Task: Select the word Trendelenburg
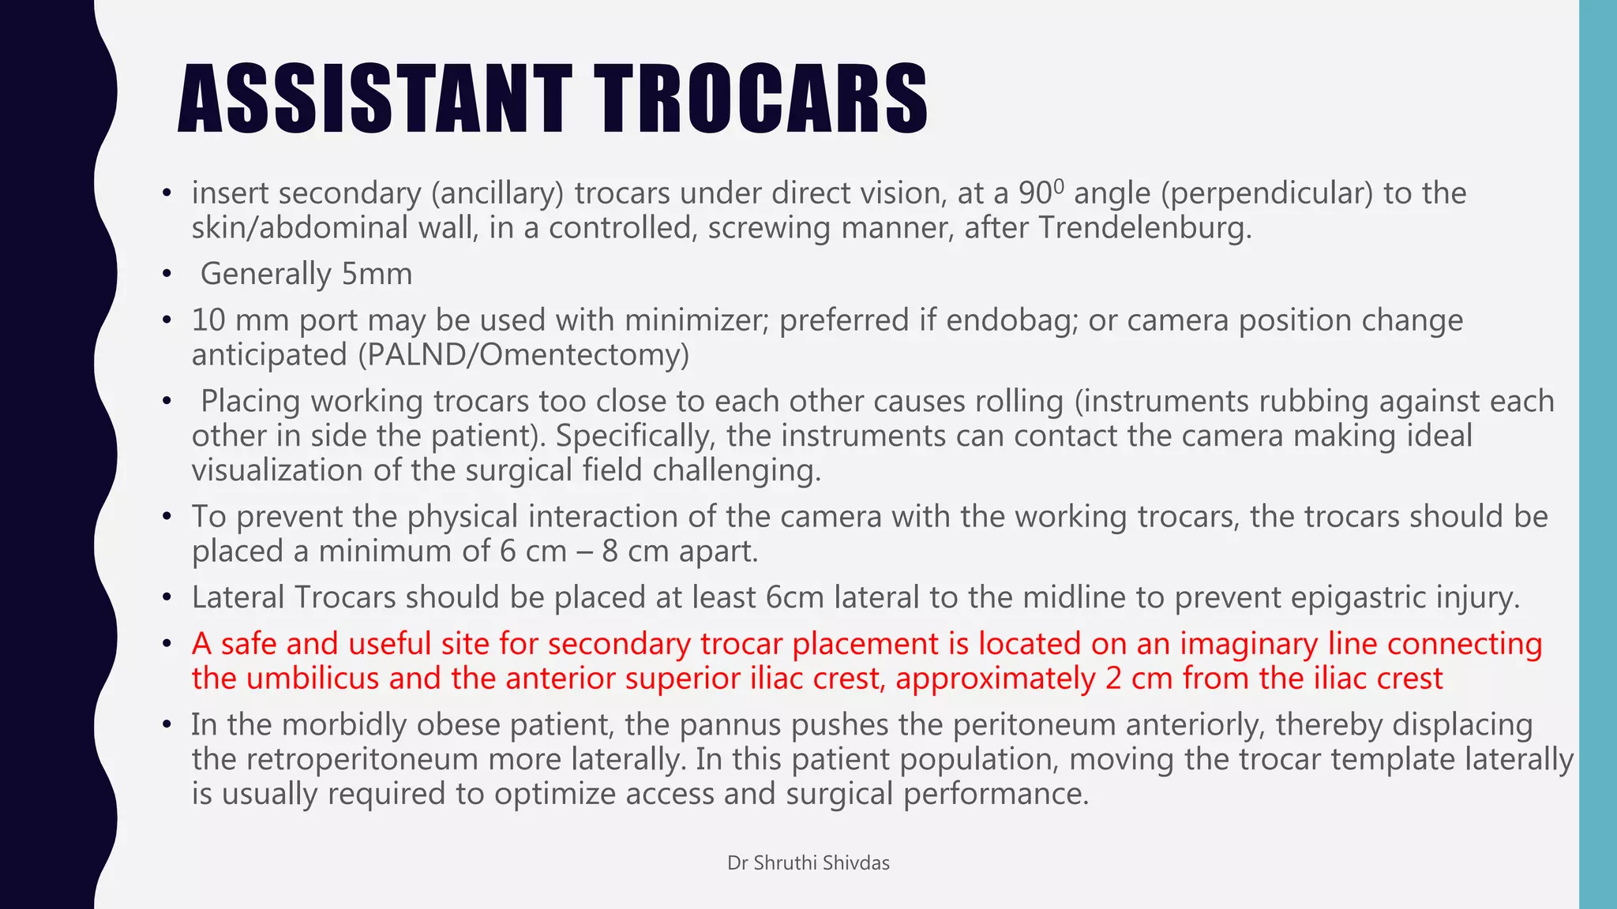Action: click(x=1144, y=228)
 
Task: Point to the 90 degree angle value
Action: click(x=1041, y=193)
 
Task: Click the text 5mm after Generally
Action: click(x=377, y=275)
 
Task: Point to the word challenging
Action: click(x=737, y=470)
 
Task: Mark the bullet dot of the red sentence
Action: click(x=166, y=645)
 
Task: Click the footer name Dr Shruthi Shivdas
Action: click(x=808, y=863)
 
